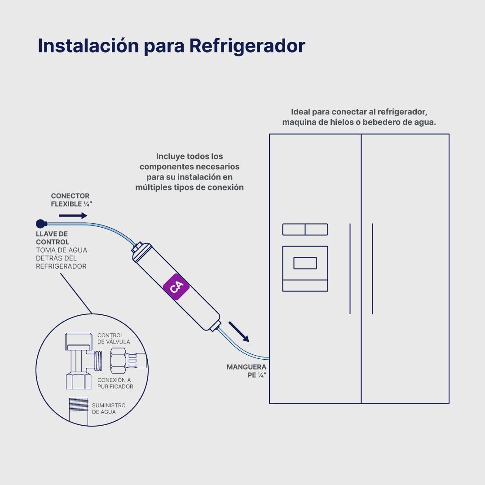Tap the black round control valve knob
coord(40,223)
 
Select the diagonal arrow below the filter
coord(238,331)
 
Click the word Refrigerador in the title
coord(247,46)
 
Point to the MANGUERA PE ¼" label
coord(246,371)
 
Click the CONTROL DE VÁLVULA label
coord(114,339)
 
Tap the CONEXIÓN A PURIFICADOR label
coord(115,383)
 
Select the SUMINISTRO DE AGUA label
coord(109,409)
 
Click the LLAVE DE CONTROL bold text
coord(52,238)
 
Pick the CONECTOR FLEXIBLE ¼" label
coord(71,200)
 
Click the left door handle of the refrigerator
coord(350,268)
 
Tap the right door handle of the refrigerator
coord(372,268)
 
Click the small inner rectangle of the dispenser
coord(305,263)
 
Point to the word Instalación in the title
coord(88,46)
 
